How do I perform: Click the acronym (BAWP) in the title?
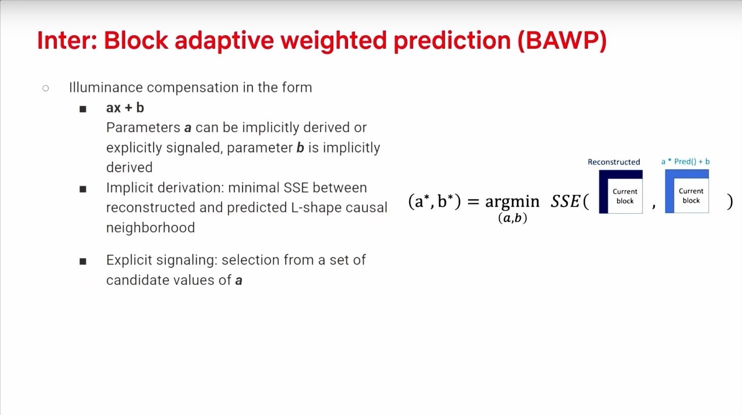click(x=562, y=41)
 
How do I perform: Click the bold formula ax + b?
click(x=125, y=108)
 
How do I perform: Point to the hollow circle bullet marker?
click(x=46, y=88)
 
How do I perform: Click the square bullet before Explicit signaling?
click(x=83, y=261)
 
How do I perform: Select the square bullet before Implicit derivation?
click(x=83, y=189)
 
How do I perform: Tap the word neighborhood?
click(x=150, y=228)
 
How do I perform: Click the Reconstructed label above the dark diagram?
click(x=614, y=162)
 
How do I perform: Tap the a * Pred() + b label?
click(x=686, y=161)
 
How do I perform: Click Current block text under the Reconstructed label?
click(x=625, y=196)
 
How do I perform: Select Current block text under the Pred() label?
click(x=691, y=196)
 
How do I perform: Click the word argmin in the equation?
click(x=512, y=202)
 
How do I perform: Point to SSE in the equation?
click(x=565, y=201)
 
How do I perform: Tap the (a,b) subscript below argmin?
click(x=512, y=218)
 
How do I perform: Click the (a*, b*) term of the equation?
click(x=434, y=201)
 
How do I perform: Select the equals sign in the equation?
click(x=473, y=201)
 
